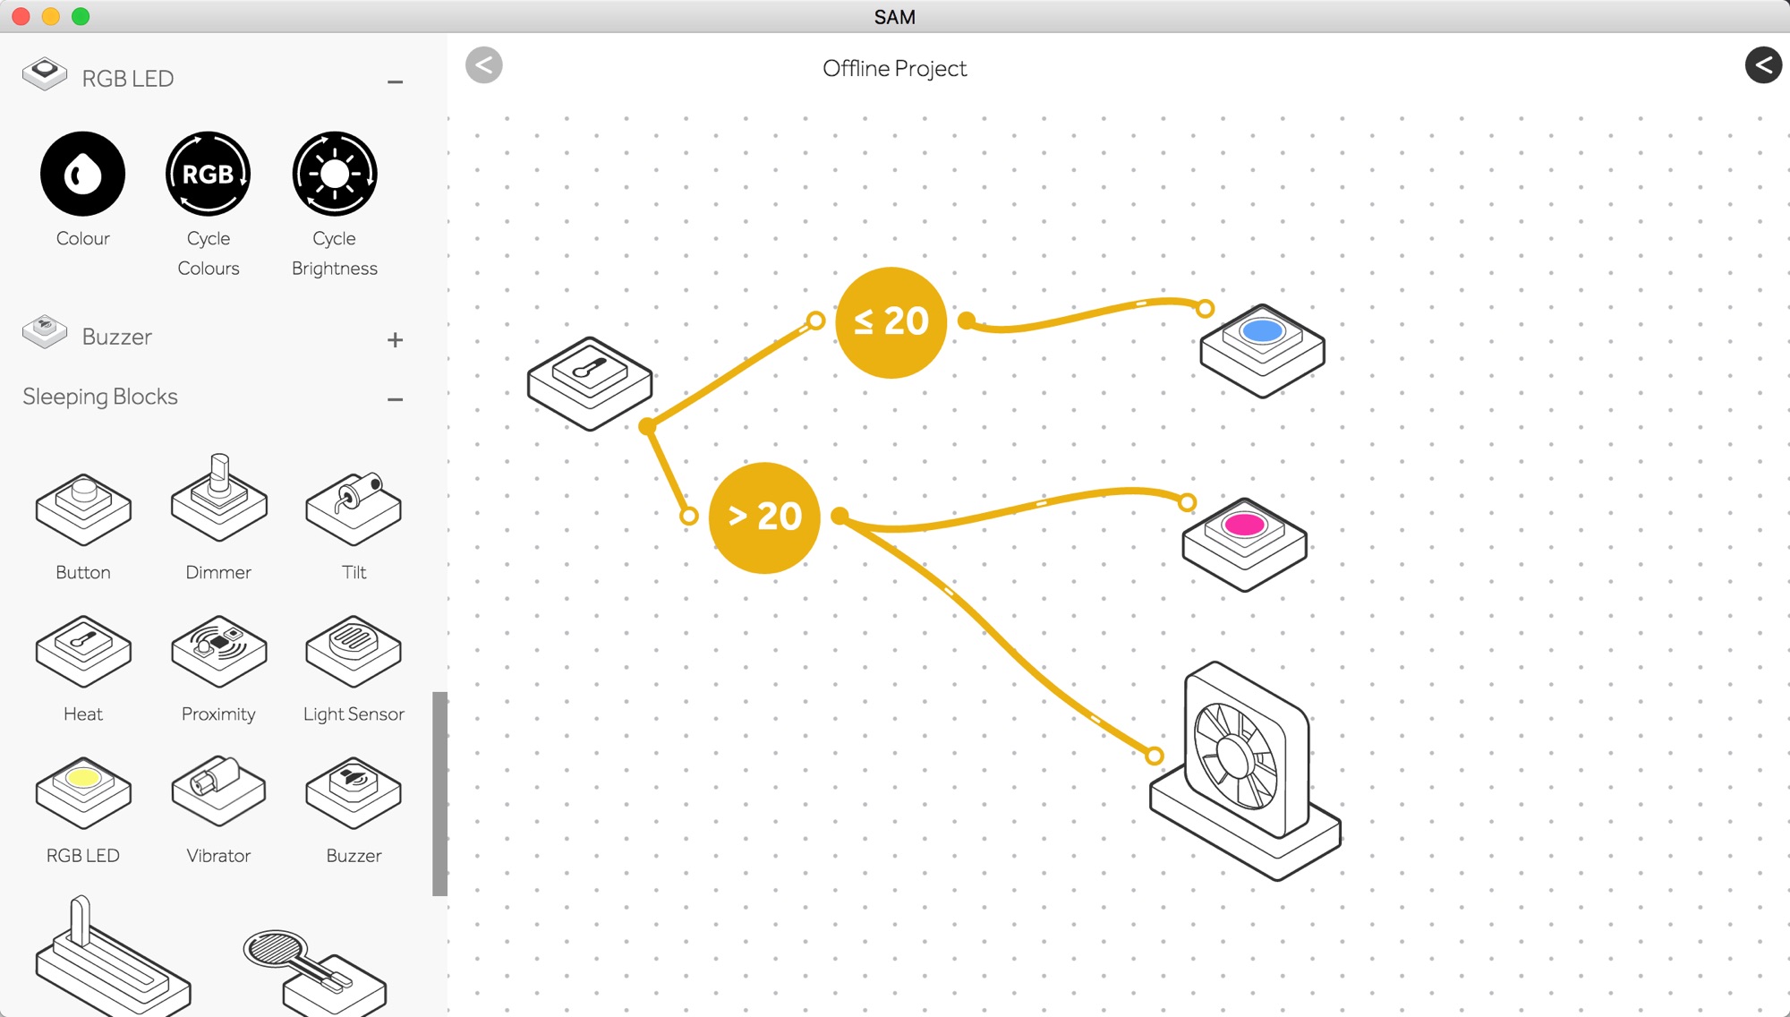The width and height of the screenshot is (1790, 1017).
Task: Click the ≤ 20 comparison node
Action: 891,322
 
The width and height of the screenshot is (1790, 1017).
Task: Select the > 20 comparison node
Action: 764,517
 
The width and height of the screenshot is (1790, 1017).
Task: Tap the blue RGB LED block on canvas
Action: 1262,349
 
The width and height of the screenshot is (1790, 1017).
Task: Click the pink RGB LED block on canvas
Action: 1244,543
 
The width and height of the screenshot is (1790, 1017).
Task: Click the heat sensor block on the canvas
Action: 590,382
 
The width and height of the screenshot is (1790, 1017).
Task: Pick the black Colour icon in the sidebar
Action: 82,174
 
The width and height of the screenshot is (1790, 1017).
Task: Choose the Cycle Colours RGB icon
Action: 209,174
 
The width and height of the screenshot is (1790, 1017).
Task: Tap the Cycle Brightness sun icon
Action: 335,174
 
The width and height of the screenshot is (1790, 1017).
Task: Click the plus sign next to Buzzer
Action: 395,340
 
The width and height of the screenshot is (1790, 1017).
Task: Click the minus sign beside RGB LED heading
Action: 395,82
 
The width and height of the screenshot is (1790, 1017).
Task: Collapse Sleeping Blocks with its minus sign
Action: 395,399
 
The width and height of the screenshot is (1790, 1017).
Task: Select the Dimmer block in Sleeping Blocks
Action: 218,501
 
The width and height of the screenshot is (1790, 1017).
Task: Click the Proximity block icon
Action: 218,649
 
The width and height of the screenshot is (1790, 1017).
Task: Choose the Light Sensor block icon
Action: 354,649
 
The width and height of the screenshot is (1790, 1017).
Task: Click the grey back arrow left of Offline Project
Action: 484,65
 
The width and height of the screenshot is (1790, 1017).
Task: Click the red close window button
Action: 21,16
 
